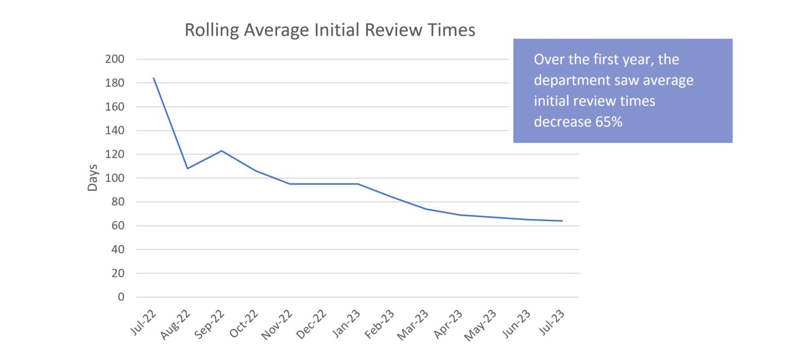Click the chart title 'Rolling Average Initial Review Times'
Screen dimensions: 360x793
coord(330,30)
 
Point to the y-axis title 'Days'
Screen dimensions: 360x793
coord(93,178)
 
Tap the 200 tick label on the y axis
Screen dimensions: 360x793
coord(115,59)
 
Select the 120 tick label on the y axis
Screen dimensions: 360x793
coord(115,154)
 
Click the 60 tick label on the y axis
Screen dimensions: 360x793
coord(118,226)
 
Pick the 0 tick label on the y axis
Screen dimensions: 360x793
coord(121,297)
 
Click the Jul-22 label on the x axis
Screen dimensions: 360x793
coord(143,322)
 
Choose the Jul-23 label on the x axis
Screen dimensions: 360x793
coord(551,322)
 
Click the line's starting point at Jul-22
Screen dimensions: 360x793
coord(154,78)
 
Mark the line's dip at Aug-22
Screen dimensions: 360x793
coord(187,169)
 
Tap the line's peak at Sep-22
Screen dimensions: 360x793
coord(222,151)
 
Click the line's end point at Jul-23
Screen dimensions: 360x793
coord(562,221)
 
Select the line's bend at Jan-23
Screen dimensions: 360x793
coord(358,184)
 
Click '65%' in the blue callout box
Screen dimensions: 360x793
coord(609,122)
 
